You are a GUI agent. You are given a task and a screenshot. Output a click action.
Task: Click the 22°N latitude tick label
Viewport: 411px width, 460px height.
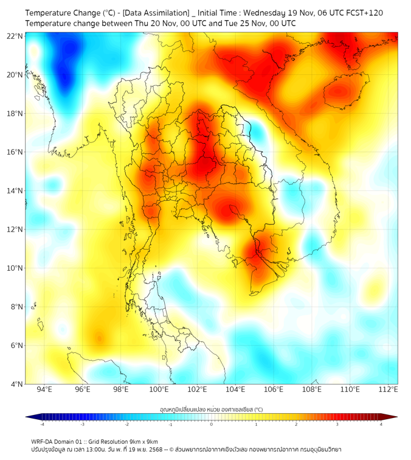pos(15,36)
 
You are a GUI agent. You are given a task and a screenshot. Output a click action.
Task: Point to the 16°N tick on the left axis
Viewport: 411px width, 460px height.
pos(15,152)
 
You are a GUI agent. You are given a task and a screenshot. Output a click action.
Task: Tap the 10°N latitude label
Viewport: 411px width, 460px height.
pos(15,268)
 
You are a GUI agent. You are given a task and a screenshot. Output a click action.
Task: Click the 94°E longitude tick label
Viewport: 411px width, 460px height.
pos(44,390)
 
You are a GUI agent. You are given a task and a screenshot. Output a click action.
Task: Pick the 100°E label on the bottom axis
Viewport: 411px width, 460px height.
pos(159,390)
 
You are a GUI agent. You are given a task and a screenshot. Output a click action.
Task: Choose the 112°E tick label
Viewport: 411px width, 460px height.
pos(389,390)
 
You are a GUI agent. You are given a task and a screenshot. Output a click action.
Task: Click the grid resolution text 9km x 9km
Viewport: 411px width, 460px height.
pos(143,441)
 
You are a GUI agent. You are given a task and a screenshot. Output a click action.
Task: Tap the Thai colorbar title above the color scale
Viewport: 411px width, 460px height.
pos(211,409)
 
